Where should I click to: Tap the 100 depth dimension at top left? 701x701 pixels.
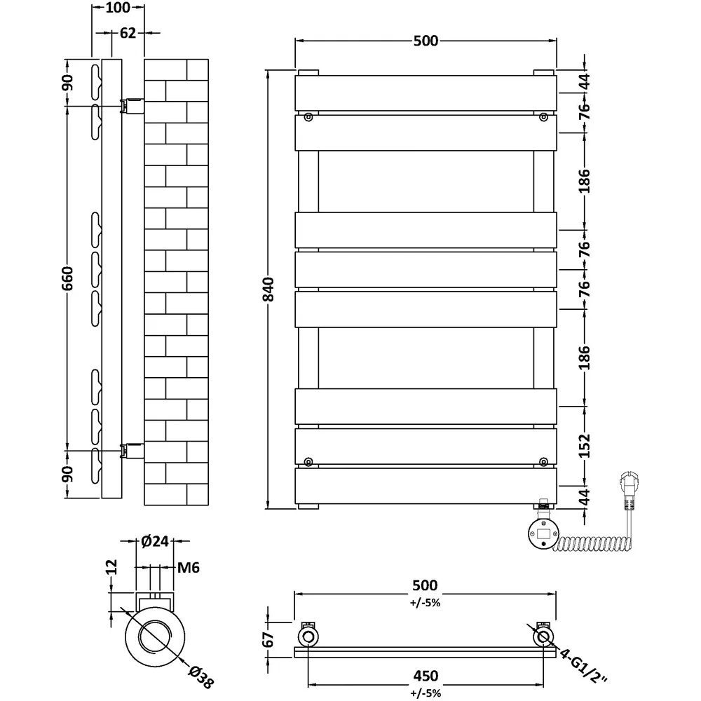[x=118, y=8]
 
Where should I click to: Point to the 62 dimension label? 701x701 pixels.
[x=127, y=33]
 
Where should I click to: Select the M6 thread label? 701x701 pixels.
[x=189, y=568]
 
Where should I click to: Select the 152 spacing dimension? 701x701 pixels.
[x=585, y=445]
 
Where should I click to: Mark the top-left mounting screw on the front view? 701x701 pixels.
[x=308, y=118]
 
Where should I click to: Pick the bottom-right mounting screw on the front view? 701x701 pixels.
[x=543, y=461]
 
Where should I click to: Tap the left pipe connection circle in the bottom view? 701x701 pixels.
[x=308, y=637]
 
